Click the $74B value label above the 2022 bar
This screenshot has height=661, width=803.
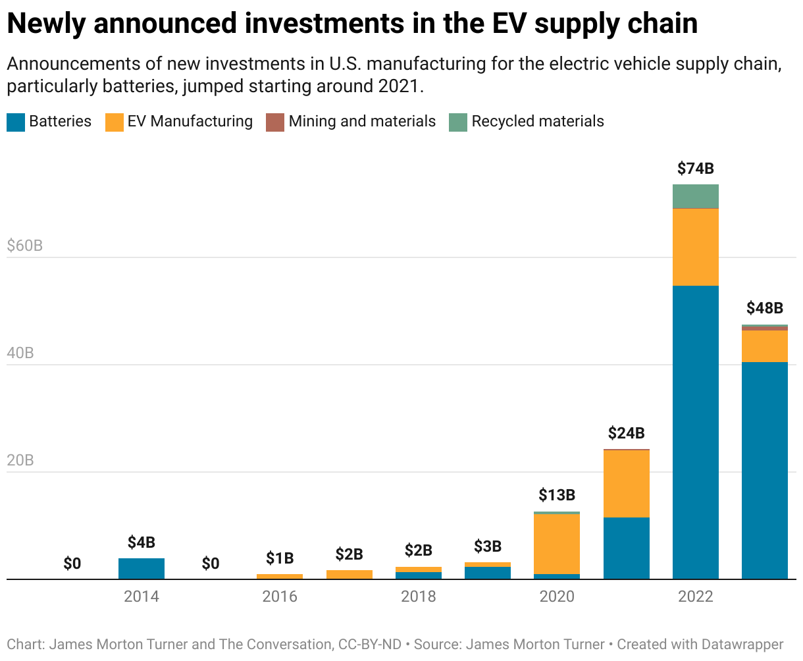(x=695, y=169)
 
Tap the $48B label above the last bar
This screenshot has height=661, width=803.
(x=764, y=307)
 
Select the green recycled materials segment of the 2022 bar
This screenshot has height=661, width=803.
(x=695, y=196)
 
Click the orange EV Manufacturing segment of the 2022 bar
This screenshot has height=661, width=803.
(x=695, y=247)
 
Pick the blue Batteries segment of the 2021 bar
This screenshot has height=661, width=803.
(x=626, y=548)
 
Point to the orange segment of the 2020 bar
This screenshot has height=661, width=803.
(x=557, y=544)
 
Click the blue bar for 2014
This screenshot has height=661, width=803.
(x=142, y=569)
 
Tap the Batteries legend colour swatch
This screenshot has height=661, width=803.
(x=16, y=122)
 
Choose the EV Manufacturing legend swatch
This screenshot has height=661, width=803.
(x=115, y=122)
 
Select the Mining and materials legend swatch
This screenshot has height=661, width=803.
(x=275, y=122)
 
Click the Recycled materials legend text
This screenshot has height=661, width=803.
(x=537, y=122)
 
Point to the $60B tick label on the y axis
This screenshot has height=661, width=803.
(x=24, y=246)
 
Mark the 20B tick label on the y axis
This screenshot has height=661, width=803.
(x=20, y=460)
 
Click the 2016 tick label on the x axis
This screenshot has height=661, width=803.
(x=280, y=596)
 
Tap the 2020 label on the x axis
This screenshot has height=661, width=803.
(x=557, y=596)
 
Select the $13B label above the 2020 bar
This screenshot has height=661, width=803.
(x=557, y=494)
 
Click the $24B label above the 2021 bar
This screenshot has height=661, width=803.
(x=626, y=433)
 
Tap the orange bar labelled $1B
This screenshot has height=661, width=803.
(x=280, y=577)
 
